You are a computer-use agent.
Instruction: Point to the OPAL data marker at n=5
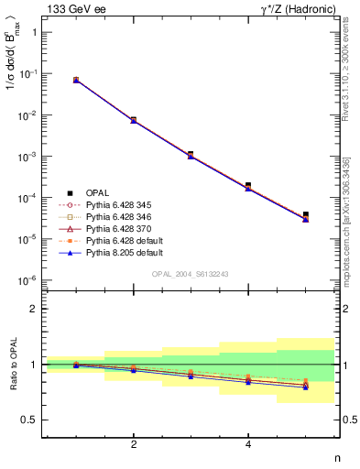point(306,214)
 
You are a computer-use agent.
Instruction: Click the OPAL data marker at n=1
point(76,81)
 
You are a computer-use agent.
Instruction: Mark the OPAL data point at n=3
point(191,154)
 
